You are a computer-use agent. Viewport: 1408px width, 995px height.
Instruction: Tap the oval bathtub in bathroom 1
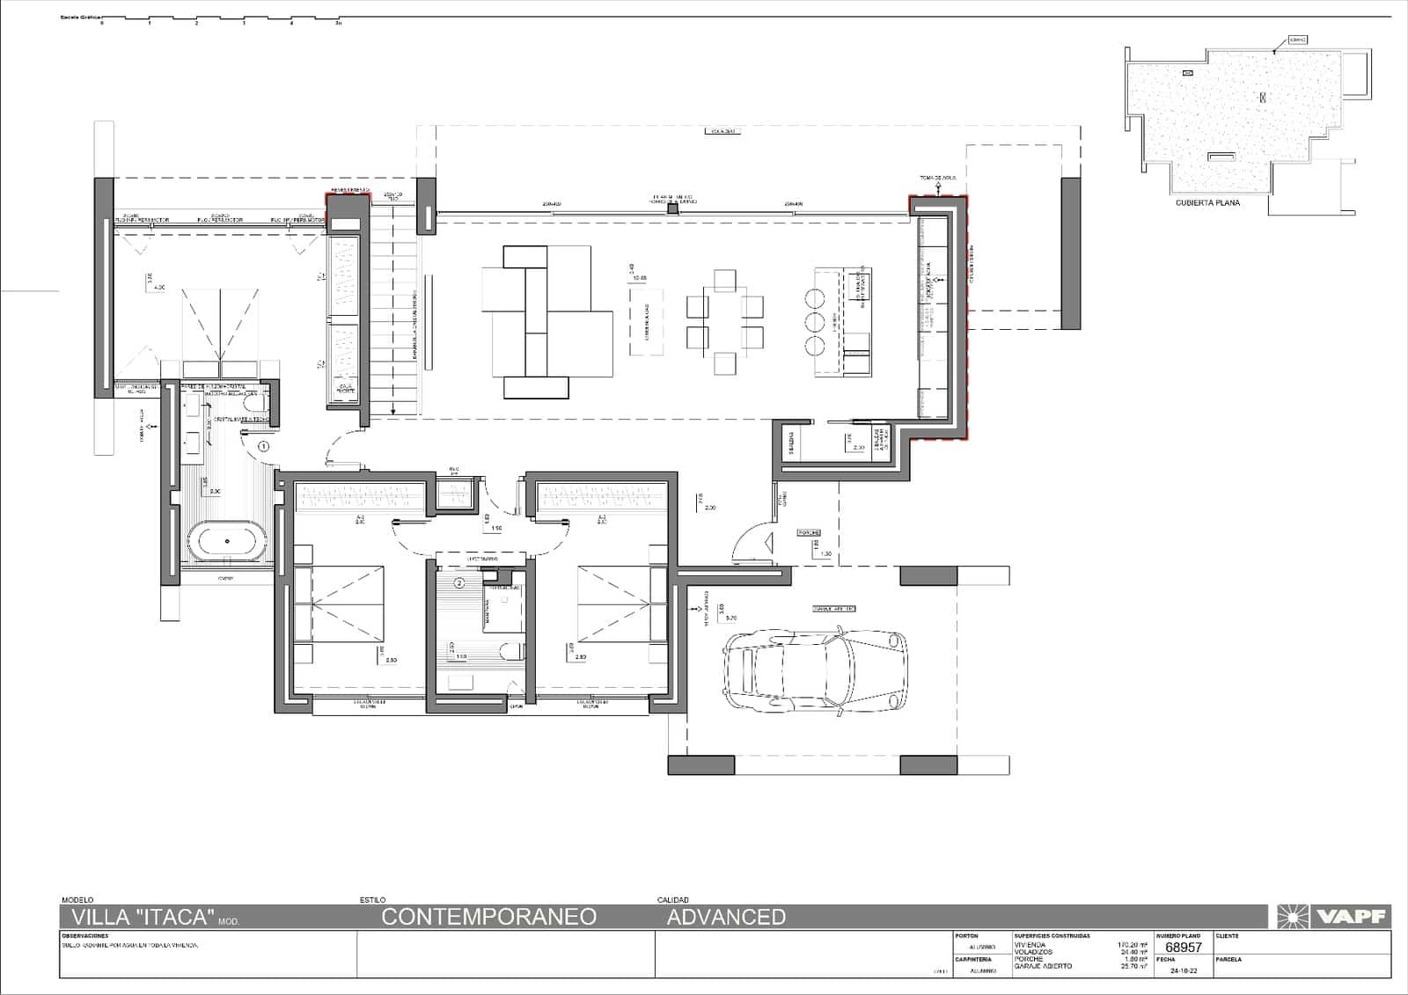click(x=227, y=542)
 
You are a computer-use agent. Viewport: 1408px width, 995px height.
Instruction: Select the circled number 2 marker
click(x=458, y=582)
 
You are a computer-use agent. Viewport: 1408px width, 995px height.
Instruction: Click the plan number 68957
click(x=1183, y=947)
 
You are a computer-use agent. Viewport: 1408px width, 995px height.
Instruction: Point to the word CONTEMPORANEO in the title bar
click(x=488, y=917)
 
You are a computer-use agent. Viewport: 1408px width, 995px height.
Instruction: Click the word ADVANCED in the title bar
click(x=726, y=917)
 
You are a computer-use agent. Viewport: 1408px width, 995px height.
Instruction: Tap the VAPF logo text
click(x=1351, y=917)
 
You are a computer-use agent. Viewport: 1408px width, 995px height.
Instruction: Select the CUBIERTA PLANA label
click(x=1207, y=202)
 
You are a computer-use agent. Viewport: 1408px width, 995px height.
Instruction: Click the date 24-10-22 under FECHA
click(x=1184, y=971)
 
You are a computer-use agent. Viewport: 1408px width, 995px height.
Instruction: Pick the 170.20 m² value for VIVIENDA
click(x=1133, y=945)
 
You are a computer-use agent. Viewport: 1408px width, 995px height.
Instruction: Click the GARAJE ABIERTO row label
click(x=1043, y=966)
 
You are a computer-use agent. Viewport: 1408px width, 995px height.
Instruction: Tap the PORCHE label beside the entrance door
click(x=809, y=533)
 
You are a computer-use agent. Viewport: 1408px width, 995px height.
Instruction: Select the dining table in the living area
click(x=724, y=321)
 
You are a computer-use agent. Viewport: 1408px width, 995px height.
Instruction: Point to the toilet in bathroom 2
click(x=508, y=652)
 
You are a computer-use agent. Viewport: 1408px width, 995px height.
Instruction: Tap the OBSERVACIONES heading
click(x=85, y=936)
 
